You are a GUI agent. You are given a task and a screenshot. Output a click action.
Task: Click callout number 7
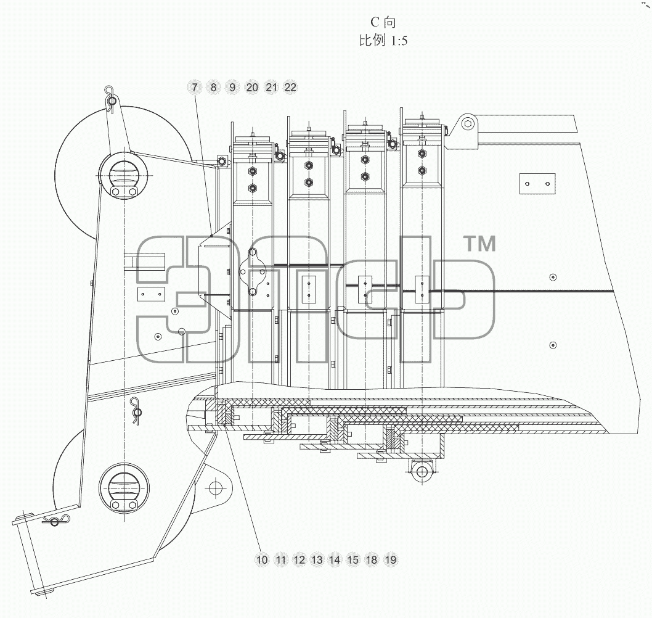click(x=194, y=87)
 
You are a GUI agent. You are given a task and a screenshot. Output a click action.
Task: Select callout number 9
click(x=232, y=87)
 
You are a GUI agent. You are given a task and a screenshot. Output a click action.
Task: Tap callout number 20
click(x=252, y=87)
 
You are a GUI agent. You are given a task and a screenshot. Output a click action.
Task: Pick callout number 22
click(x=290, y=87)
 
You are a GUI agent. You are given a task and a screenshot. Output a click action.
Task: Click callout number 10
click(x=262, y=560)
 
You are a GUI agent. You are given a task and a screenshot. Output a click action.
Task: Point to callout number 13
click(x=317, y=560)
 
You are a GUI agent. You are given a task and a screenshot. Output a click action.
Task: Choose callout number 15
click(x=352, y=560)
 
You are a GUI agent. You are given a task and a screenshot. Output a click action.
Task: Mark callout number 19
click(x=391, y=560)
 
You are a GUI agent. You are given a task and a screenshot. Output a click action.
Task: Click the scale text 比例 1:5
click(x=383, y=40)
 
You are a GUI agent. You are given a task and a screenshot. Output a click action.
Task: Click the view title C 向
click(x=383, y=22)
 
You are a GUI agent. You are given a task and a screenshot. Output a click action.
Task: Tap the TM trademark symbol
click(x=480, y=244)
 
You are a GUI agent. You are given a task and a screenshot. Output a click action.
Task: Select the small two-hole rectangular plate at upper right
click(x=537, y=184)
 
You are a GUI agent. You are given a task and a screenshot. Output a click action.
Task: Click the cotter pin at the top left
click(x=111, y=100)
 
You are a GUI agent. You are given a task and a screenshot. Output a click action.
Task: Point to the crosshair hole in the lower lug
click(x=215, y=488)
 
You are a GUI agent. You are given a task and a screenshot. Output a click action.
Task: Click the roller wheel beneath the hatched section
click(x=422, y=471)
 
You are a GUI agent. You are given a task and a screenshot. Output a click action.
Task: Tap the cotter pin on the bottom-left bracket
click(x=55, y=520)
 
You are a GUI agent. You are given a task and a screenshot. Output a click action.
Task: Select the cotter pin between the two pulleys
click(x=136, y=411)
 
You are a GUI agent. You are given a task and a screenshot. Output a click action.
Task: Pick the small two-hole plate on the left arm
click(x=152, y=294)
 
